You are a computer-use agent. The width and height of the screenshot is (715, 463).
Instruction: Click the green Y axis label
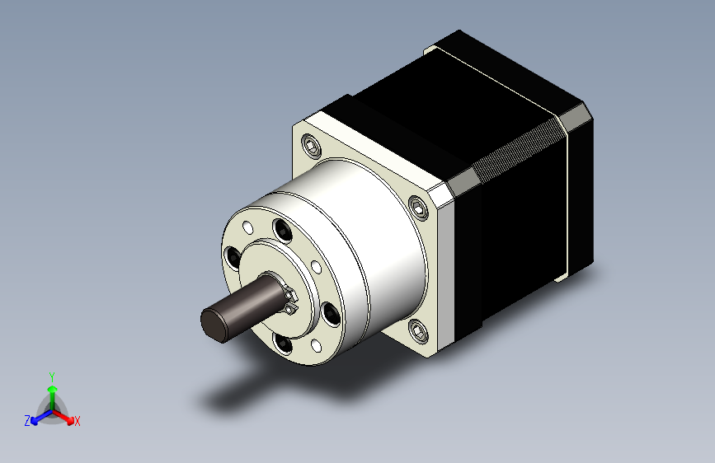[51, 376]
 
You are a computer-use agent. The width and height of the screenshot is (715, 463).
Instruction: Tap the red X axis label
[78, 422]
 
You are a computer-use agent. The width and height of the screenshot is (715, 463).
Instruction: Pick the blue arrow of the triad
[38, 416]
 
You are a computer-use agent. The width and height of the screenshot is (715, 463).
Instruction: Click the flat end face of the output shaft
[214, 324]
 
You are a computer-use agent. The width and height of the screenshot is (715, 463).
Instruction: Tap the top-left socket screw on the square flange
[313, 147]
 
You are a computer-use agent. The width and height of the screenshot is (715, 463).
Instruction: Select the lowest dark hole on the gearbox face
[283, 342]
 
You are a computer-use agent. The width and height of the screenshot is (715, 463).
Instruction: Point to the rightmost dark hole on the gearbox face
[331, 312]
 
